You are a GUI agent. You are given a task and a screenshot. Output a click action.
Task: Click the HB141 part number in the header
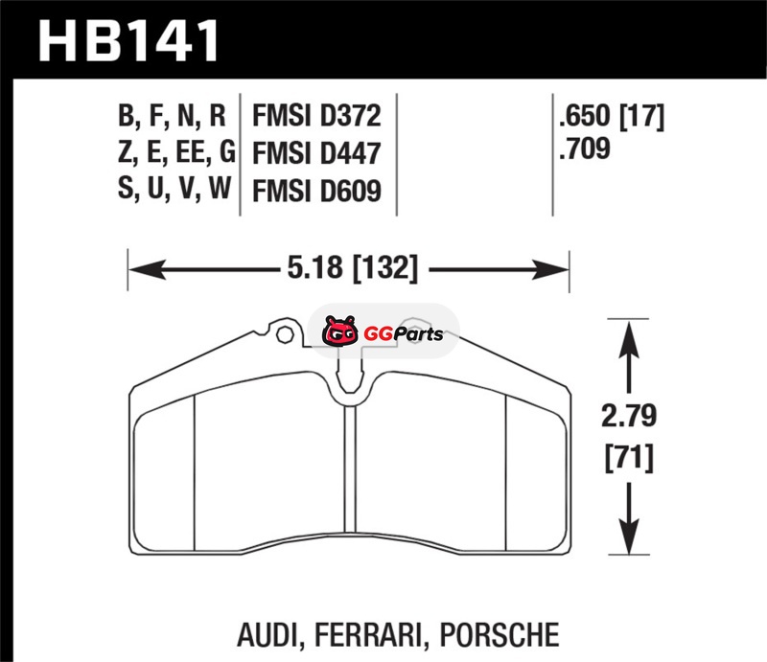[x=128, y=40]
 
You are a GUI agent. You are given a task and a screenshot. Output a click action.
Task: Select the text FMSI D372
[x=316, y=115]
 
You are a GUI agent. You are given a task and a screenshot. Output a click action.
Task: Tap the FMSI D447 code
[x=316, y=153]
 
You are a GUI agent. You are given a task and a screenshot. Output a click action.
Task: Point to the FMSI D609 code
[x=316, y=191]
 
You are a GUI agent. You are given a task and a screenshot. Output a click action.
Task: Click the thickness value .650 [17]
[x=612, y=116]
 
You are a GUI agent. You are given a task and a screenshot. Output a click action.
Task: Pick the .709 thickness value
[x=585, y=148]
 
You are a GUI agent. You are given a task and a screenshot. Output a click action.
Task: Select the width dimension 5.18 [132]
[x=353, y=268]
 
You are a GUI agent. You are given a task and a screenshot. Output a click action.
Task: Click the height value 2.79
[x=629, y=416]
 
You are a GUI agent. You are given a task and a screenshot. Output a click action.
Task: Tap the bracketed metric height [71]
[x=629, y=458]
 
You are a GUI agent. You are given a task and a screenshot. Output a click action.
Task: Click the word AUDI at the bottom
[x=267, y=635]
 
